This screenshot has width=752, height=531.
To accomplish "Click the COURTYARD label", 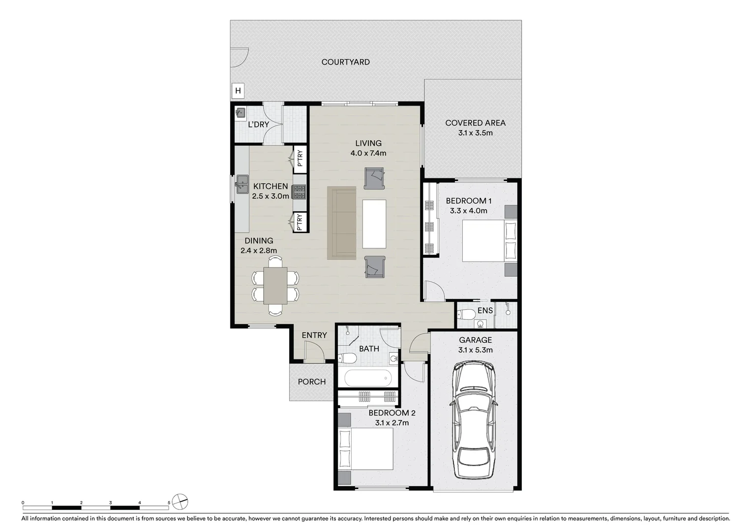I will [345, 62].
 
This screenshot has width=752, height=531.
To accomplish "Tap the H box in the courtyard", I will [238, 90].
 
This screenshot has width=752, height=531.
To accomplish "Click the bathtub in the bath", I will [368, 379].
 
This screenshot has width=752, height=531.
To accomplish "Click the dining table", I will [275, 286].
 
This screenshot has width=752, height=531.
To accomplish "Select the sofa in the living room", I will [341, 223].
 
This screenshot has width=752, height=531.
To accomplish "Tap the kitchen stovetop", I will [299, 192].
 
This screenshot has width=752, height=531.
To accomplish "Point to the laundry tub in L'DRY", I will [240, 113].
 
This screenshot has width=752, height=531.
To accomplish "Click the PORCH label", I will [311, 382].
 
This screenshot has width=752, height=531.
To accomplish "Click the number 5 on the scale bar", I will [169, 503].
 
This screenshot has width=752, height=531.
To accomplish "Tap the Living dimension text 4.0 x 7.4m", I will [368, 153].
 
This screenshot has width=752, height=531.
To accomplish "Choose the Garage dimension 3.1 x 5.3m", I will [475, 350].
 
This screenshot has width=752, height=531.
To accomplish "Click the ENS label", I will [485, 311].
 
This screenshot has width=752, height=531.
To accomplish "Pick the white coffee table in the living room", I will [374, 224].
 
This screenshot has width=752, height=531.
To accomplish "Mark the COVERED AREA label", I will [475, 123].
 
